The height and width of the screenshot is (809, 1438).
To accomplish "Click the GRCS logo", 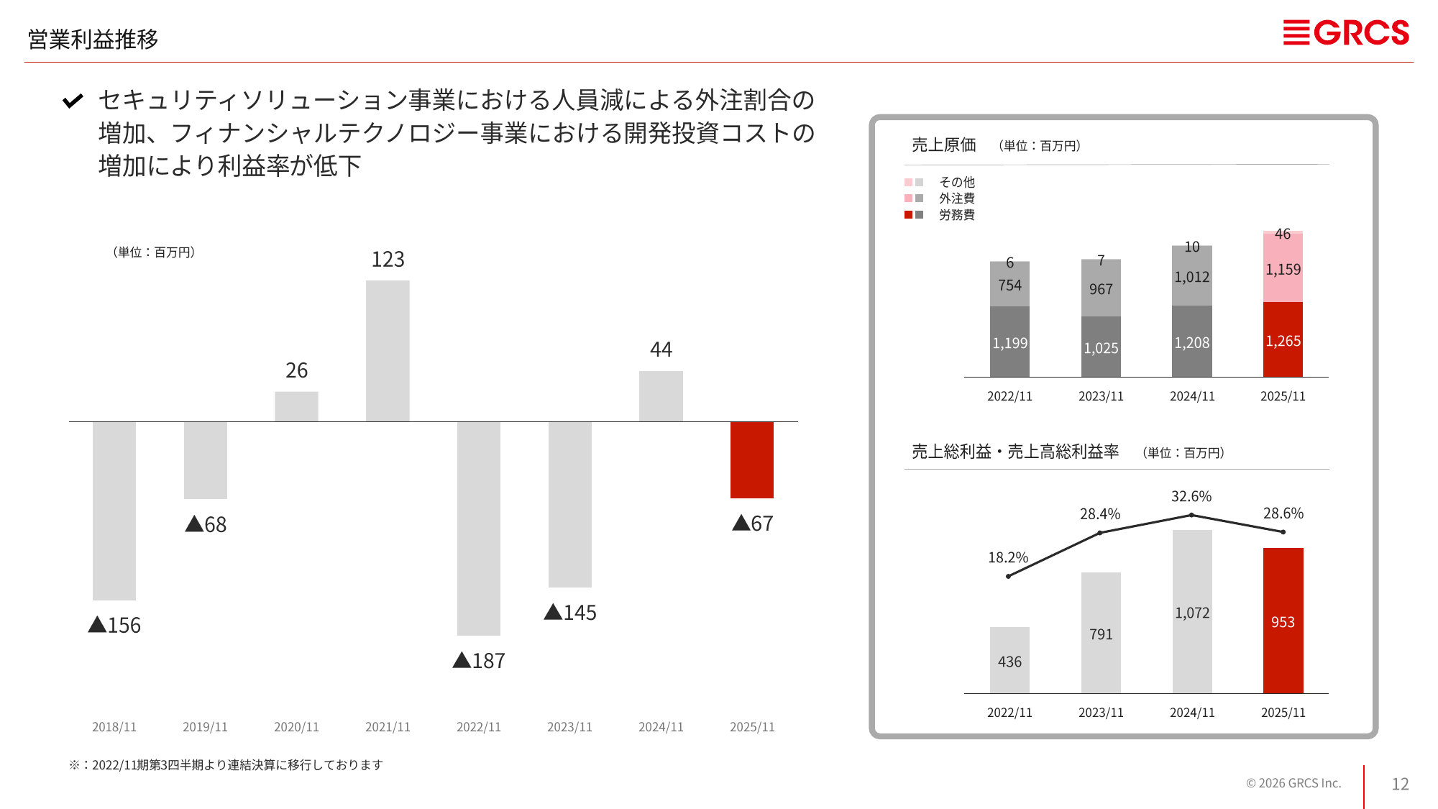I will point(1346,33).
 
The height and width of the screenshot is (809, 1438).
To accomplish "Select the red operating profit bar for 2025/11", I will point(751,460).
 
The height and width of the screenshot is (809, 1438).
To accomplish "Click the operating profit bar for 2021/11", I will point(388,351).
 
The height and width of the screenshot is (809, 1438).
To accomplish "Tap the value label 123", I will point(388,259).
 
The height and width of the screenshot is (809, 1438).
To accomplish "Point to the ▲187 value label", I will point(479,660).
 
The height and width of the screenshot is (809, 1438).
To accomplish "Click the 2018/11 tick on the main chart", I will point(114,727).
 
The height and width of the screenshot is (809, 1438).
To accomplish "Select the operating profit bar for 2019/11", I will point(206,460).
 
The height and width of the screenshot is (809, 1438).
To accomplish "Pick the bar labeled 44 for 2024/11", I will point(661,396).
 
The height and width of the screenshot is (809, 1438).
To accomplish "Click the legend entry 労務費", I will point(956,215).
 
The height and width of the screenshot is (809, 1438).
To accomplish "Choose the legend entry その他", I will point(956,182).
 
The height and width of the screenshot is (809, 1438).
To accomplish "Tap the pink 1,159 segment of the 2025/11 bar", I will point(1283,269).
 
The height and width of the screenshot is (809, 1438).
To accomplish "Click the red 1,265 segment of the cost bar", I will point(1283,340).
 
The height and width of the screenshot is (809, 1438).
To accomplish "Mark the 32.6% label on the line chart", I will point(1191,496).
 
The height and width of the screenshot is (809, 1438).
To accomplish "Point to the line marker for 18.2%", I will point(1009,576).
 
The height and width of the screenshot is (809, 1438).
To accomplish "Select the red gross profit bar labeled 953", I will point(1283,621).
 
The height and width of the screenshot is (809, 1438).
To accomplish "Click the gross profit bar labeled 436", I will point(1009,660).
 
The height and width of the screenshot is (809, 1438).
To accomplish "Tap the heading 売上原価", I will point(943,145).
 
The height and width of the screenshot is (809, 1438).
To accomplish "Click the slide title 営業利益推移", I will point(93,39).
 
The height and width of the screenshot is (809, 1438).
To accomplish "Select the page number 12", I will point(1400,784).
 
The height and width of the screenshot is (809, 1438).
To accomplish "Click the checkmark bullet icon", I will point(73,101).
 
